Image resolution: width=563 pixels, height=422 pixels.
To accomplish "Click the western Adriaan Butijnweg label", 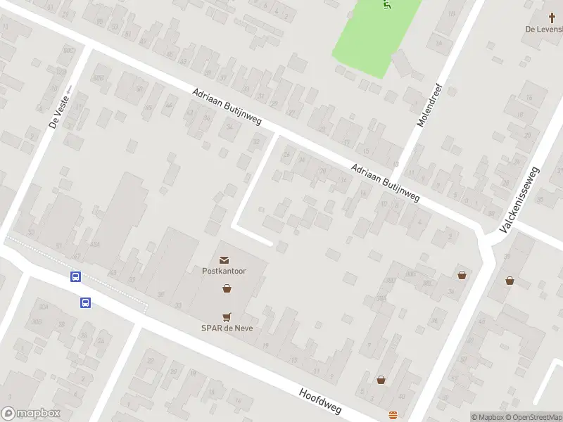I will click(x=227, y=108).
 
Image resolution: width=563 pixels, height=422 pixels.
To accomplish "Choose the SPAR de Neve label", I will click(x=226, y=328).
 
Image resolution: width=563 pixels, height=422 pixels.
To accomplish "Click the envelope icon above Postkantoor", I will click(x=224, y=260).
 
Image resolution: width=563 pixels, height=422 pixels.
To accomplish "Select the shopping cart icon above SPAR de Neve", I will click(x=227, y=316).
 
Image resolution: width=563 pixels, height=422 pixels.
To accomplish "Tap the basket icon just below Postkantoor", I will click(x=227, y=288).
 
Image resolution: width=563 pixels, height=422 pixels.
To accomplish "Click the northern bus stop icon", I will click(x=75, y=277).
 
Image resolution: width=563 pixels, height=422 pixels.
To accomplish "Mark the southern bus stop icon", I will click(x=85, y=303).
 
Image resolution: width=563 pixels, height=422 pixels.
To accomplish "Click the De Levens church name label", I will click(x=544, y=30).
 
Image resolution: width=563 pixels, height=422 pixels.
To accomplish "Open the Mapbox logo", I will click(x=31, y=414).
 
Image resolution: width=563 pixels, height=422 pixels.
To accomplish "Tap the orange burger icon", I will click(x=393, y=414).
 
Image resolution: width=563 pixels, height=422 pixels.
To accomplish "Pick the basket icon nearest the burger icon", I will click(x=381, y=380).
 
